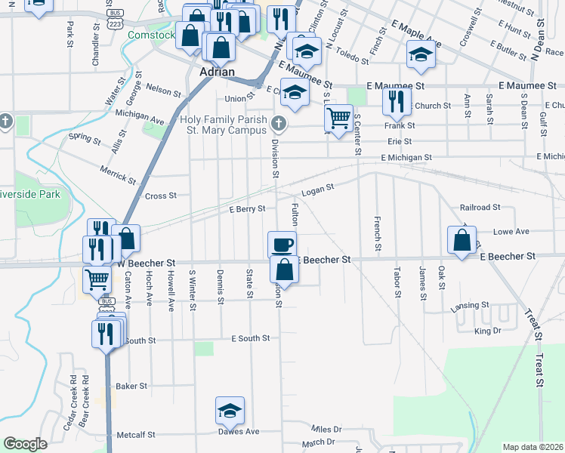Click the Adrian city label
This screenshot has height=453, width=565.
[216, 72]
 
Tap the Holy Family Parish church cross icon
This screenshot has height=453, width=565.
[279, 122]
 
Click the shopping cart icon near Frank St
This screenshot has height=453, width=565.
[339, 117]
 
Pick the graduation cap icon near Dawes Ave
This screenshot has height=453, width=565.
[230, 410]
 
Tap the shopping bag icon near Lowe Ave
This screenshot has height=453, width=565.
[462, 239]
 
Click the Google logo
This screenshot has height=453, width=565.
[25, 443]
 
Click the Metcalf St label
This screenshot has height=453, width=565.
[136, 435]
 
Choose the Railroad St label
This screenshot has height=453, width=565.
[480, 207]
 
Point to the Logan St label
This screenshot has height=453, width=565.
[317, 189]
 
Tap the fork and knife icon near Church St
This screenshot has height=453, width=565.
[397, 100]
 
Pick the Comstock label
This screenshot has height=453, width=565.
[151, 35]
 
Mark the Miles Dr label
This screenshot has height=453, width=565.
[326, 429]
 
